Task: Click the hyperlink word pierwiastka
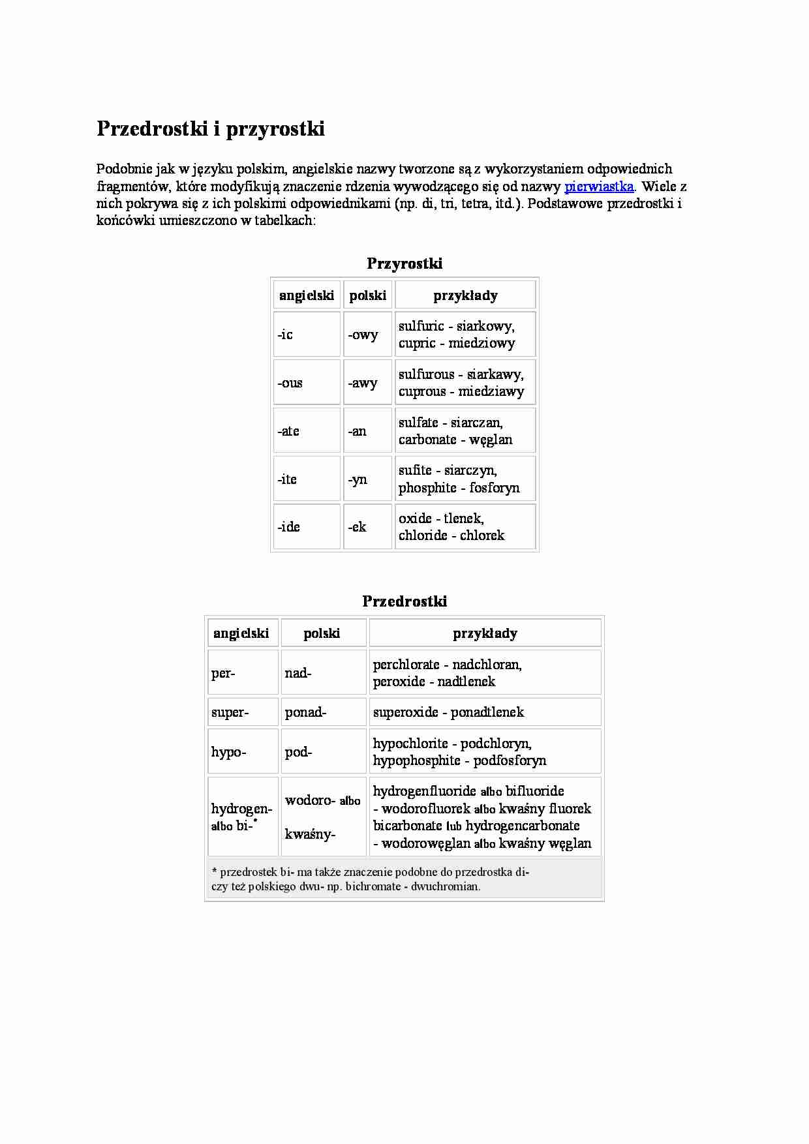[598, 187]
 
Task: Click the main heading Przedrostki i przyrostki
[210, 128]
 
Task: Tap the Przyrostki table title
[404, 263]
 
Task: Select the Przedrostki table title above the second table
[404, 601]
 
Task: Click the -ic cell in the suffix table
[307, 335]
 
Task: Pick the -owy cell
[367, 335]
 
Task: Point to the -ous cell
[307, 383]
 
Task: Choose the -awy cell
[367, 383]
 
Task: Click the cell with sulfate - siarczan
[465, 430]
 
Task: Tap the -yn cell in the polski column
[367, 479]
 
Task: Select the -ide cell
[307, 527]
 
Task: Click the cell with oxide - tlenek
[465, 527]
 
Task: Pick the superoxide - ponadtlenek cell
[484, 712]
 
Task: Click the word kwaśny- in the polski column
[310, 834]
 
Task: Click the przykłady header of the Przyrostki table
[465, 295]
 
